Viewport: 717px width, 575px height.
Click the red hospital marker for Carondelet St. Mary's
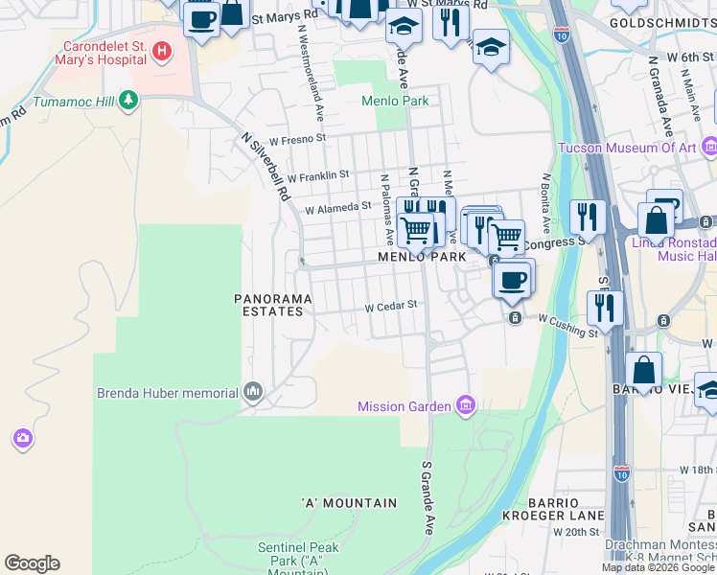[162, 51]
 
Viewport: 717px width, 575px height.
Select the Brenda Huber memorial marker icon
[253, 391]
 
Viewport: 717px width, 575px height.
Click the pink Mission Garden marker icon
[466, 406]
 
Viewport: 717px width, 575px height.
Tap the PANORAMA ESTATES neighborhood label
[273, 305]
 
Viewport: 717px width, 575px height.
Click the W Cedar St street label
[391, 307]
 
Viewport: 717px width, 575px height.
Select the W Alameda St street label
[337, 207]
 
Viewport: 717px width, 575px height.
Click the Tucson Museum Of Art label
[628, 148]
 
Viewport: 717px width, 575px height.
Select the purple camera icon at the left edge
[22, 438]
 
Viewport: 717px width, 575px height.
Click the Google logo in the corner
[32, 563]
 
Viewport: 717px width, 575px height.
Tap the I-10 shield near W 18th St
[621, 472]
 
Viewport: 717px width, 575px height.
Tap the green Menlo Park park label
[394, 101]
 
